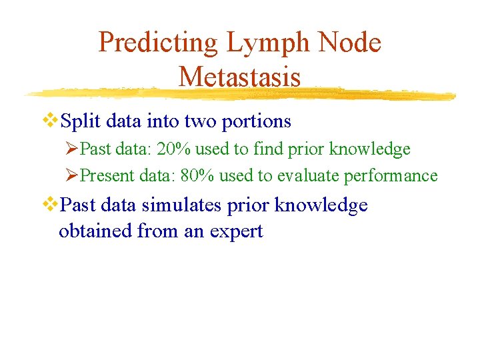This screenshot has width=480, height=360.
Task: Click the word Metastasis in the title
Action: (x=239, y=77)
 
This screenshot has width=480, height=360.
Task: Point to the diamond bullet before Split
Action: (x=51, y=121)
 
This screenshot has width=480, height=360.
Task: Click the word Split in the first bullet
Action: (x=81, y=121)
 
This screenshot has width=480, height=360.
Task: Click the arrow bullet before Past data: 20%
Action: (x=73, y=149)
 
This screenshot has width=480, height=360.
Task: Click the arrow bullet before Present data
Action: (x=73, y=175)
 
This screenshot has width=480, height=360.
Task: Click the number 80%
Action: (x=198, y=176)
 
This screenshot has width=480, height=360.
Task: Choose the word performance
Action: (x=391, y=177)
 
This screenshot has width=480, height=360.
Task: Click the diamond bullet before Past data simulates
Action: (x=51, y=205)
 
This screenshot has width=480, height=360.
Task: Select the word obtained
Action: (x=95, y=231)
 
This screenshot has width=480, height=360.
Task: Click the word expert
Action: (x=238, y=233)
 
